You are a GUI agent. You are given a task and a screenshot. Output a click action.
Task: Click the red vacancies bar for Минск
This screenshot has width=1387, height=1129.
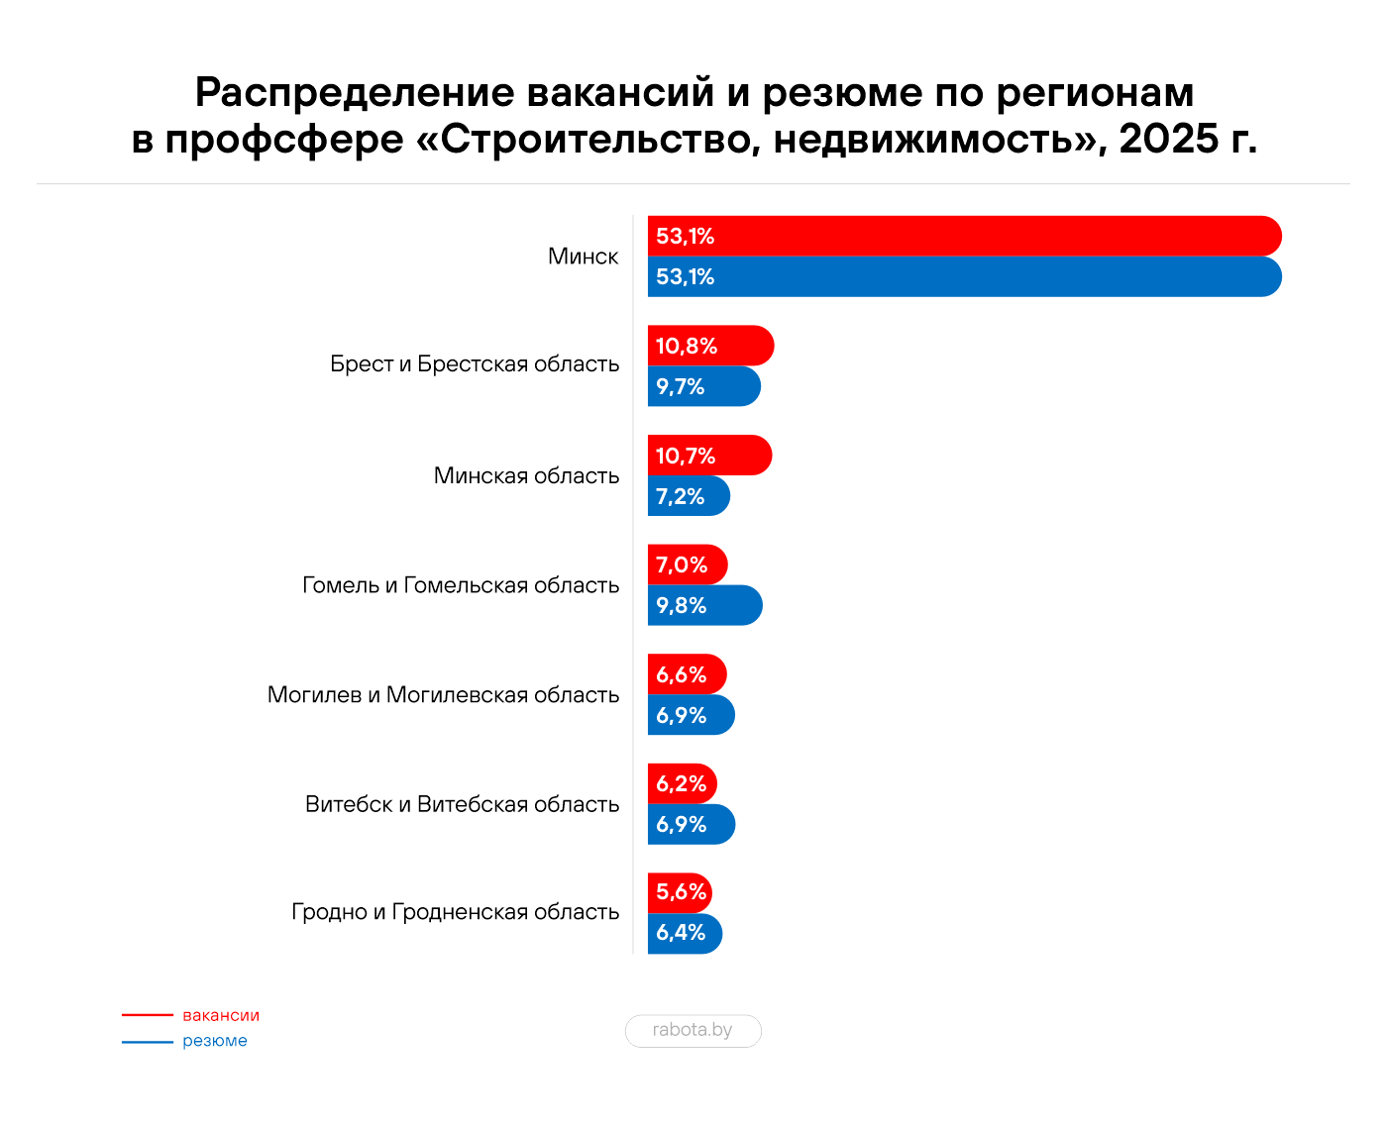coord(964,237)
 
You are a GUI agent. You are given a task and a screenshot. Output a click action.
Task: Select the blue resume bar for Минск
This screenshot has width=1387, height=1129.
coord(964,277)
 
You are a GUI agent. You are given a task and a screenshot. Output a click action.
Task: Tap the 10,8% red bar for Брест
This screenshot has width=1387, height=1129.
coord(710,346)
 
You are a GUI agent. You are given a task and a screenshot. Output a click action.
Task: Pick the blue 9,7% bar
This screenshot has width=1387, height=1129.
coord(703,386)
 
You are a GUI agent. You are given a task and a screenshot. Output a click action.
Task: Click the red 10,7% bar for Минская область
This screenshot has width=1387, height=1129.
coord(709,456)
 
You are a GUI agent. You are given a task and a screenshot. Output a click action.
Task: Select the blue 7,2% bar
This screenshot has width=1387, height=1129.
coord(689,496)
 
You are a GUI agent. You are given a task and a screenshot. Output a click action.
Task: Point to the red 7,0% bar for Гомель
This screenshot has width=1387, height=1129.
coord(688,564)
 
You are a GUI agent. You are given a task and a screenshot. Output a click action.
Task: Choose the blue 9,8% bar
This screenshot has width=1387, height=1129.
coord(704,605)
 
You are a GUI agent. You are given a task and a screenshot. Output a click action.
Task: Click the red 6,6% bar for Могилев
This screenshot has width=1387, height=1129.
coord(687,674)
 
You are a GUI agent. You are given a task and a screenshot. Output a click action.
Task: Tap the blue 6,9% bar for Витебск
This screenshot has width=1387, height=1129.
coord(691,824)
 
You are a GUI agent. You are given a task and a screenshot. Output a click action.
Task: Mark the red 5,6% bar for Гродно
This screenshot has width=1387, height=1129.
coord(680,892)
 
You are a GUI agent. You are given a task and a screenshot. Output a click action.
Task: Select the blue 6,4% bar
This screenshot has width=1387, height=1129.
coord(685,933)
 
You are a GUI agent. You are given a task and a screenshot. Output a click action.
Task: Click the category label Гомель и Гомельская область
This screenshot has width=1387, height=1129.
coord(461,585)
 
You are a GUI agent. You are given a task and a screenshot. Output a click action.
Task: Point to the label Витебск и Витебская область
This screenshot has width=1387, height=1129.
coord(462,804)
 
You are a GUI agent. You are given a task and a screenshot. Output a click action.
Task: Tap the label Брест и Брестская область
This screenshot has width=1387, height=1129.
coord(475,364)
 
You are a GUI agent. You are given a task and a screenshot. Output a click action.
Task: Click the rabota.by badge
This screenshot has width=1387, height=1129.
coord(693,1030)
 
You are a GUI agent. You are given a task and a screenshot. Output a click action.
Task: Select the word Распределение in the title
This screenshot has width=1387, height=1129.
coord(355,93)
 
